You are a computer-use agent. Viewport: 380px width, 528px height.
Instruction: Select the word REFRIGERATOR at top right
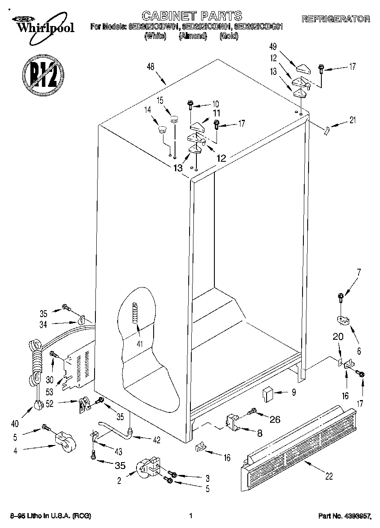pyautogui.click(x=336, y=19)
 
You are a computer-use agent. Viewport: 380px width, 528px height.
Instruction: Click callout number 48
pyautogui.click(x=150, y=67)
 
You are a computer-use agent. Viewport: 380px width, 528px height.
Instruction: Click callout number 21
pyautogui.click(x=352, y=121)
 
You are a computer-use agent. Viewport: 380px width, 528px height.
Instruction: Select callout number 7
pyautogui.click(x=359, y=271)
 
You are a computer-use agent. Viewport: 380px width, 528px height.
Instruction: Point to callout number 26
pyautogui.click(x=275, y=420)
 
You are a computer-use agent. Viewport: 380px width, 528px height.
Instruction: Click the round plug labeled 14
pyautogui.click(x=162, y=129)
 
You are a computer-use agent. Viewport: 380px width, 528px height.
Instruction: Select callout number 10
pyautogui.click(x=215, y=104)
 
